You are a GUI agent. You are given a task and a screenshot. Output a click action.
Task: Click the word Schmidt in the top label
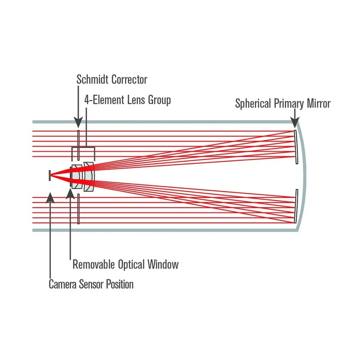[x=92, y=80]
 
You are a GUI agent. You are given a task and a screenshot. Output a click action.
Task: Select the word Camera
[x=63, y=284]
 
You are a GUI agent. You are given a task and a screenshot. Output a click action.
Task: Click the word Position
[x=120, y=284]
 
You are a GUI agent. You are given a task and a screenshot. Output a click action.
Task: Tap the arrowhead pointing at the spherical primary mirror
[x=295, y=122]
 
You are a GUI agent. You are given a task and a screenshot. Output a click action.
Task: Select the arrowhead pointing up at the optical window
[x=70, y=193]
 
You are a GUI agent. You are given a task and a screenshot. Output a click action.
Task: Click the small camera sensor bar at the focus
[x=49, y=175]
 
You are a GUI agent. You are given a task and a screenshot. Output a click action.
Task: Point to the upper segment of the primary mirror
[x=296, y=147]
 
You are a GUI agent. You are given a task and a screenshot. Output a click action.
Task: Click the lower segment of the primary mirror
[x=296, y=206]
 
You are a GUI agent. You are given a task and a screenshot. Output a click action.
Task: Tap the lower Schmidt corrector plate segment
[x=78, y=209]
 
